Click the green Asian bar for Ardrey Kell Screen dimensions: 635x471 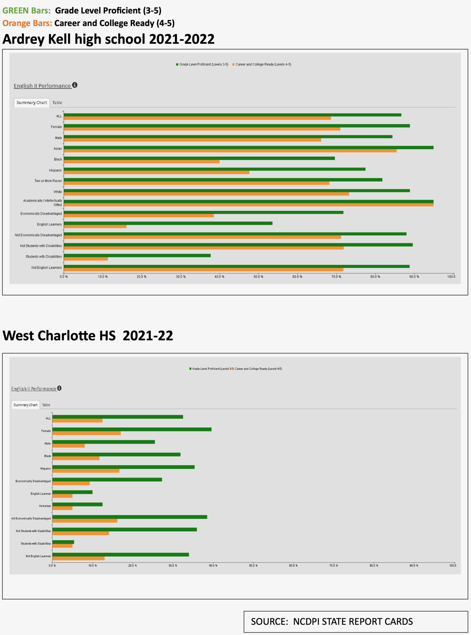pos(248,148)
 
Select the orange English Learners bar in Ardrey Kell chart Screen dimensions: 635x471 pos(95,226)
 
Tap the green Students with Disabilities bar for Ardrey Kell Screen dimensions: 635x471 pos(137,255)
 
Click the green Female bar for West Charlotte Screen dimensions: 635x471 pos(132,429)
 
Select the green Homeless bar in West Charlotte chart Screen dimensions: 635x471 pos(77,504)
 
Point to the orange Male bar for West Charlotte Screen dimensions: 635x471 pos(68,445)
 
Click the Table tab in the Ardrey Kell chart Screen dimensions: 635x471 pos(57,103)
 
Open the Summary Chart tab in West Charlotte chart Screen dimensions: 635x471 pos(25,405)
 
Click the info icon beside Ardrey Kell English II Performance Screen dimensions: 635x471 pos(75,85)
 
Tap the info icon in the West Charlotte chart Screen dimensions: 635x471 pos(59,388)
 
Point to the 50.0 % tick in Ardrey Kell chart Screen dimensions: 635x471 pos(258,277)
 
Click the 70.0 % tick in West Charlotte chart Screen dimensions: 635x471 pos(334,565)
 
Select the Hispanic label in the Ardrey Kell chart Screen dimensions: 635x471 pos(55,170)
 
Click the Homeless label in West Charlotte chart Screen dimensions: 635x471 pos(45,506)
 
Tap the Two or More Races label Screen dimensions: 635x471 pos(48,181)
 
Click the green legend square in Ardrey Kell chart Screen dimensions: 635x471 pos(177,64)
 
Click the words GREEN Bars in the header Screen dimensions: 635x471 pos(27,11)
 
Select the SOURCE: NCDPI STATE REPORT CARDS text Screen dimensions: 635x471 pos(332,621)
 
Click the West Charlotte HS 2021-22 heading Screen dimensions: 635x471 pos(88,335)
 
